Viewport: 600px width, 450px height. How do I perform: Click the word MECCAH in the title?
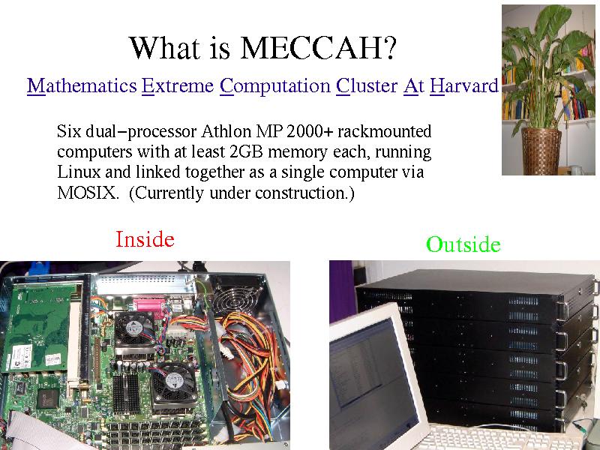click(311, 48)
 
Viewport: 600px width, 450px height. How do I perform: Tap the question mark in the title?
click(390, 48)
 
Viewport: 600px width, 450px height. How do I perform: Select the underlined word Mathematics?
click(82, 85)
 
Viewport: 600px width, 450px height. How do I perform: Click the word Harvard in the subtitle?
click(464, 85)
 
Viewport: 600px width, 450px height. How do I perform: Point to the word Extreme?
click(178, 85)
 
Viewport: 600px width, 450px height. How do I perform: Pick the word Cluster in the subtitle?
click(367, 85)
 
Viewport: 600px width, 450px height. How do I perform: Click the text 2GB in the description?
click(246, 151)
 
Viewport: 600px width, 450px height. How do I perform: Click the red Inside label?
click(145, 239)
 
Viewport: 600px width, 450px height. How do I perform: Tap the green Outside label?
click(463, 244)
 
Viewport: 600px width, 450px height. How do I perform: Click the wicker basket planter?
click(541, 151)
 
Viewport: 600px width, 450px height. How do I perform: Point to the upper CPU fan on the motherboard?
click(134, 328)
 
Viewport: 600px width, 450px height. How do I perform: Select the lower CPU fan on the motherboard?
click(173, 382)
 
